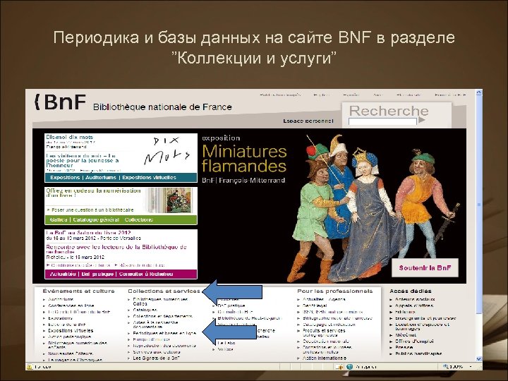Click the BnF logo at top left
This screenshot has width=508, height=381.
[x=61, y=104]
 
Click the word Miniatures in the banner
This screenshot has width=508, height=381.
[x=243, y=151]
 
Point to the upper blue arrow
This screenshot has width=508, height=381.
[x=232, y=291]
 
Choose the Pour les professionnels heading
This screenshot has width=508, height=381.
[x=334, y=291]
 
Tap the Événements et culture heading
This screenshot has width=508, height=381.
[x=78, y=291]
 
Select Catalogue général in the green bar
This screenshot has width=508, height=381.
[x=95, y=220]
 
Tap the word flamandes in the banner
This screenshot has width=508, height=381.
[x=243, y=167]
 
